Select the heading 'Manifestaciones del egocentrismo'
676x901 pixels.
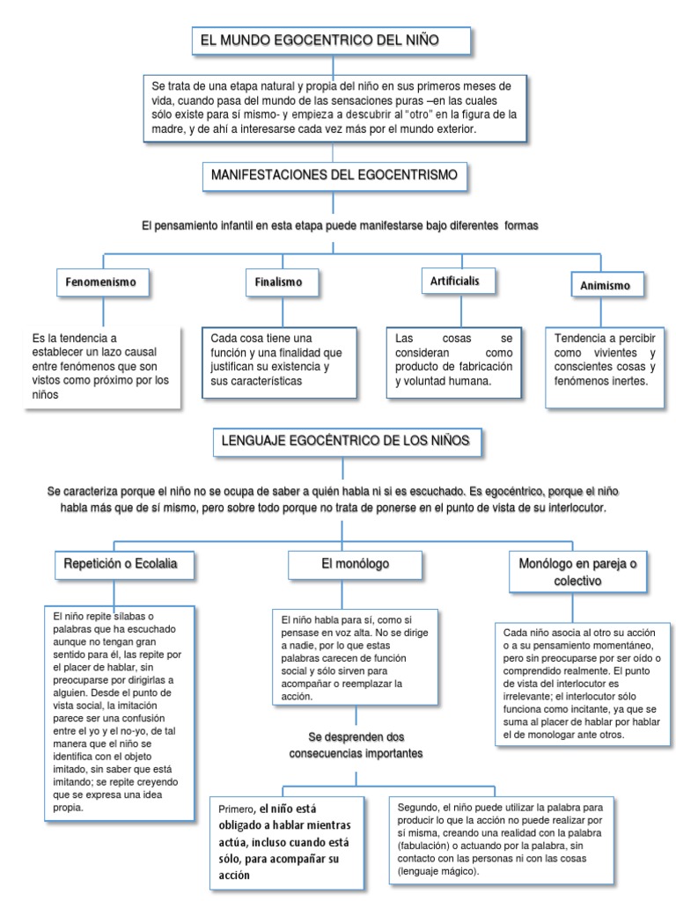pos(334,176)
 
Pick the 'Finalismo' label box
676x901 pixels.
pos(278,282)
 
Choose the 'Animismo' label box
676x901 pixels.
pos(607,286)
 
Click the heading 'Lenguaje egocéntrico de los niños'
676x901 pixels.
pos(347,440)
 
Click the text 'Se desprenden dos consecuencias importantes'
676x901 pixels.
pos(356,744)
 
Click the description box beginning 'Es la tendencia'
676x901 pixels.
pos(104,366)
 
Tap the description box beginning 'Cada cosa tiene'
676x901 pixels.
pos(277,361)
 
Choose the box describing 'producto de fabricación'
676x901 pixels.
pos(454,360)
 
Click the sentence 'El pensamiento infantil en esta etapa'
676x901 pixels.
pos(340,226)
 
